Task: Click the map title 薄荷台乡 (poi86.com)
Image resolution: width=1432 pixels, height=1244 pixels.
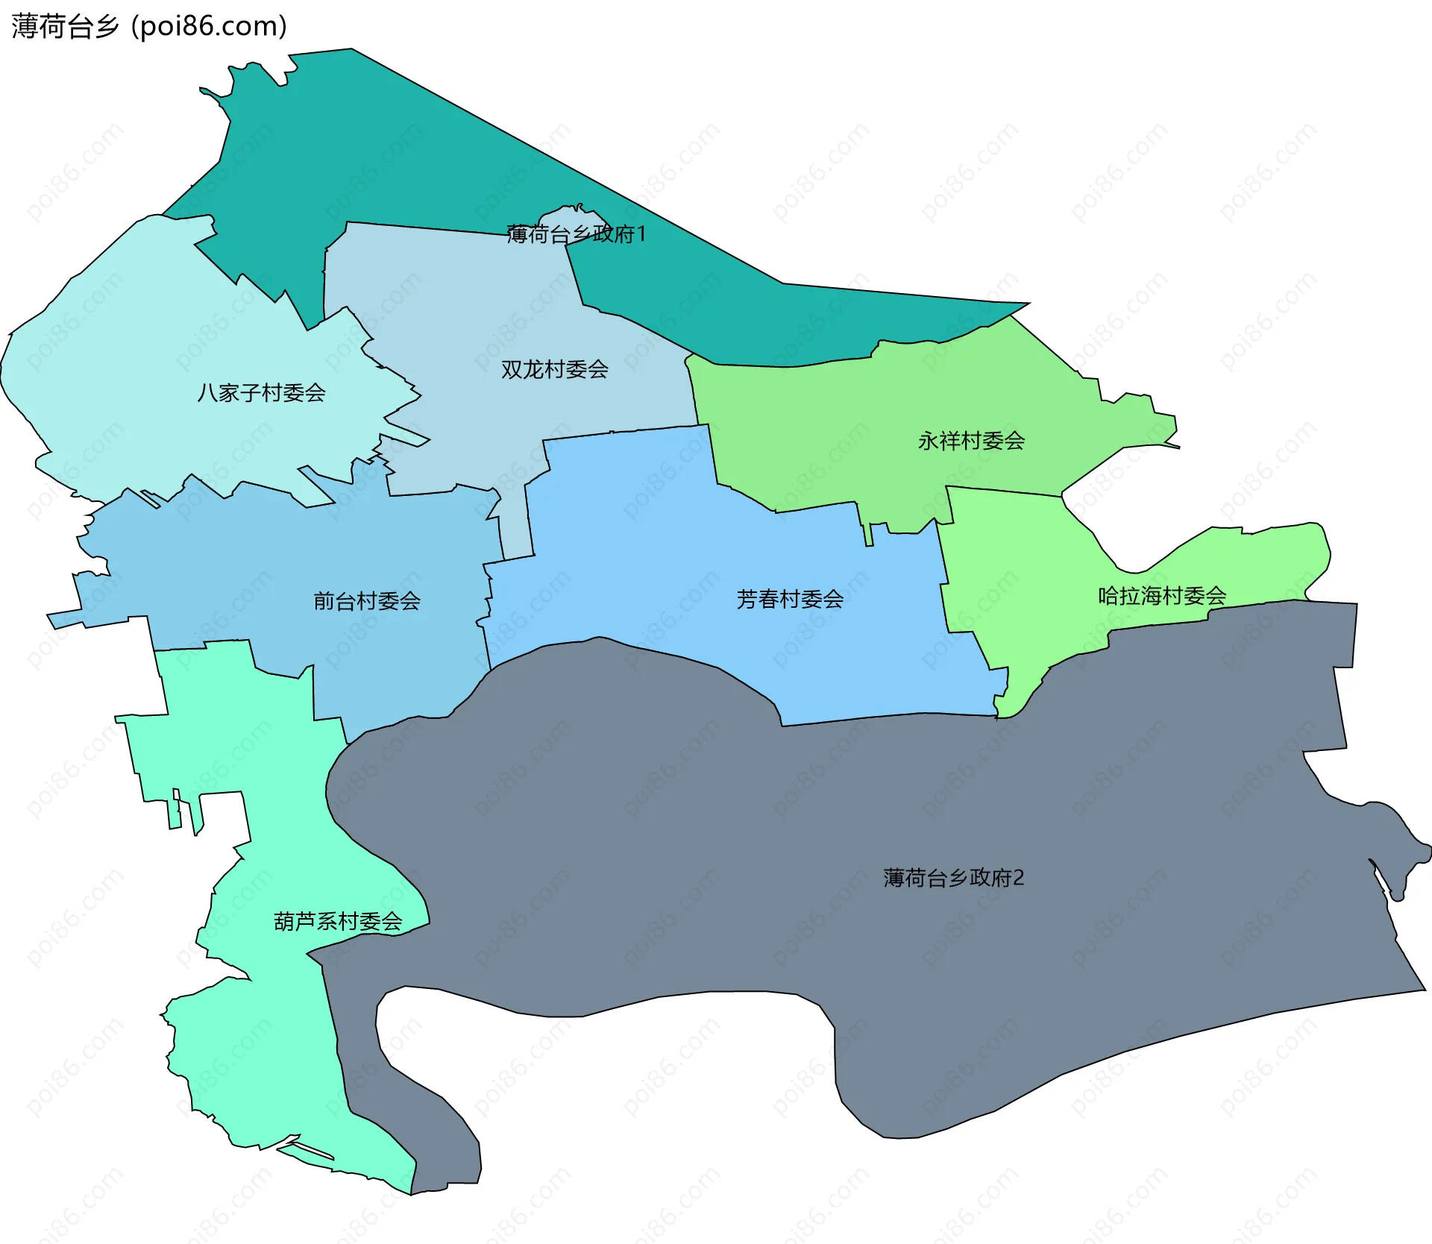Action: (149, 27)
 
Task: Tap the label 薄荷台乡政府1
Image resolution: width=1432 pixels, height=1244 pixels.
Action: (576, 234)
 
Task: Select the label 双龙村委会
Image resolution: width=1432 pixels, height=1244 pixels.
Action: (554, 369)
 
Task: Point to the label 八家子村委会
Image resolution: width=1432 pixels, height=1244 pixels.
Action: (261, 392)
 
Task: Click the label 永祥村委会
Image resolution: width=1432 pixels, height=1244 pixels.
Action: (971, 441)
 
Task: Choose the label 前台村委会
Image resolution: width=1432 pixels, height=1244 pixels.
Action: (367, 600)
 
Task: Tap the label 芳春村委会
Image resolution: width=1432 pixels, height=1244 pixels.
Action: (790, 599)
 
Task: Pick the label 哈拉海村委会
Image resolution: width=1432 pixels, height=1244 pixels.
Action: (1162, 595)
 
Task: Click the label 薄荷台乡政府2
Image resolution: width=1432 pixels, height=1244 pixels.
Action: (953, 877)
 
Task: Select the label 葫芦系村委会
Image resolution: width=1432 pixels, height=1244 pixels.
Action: (338, 922)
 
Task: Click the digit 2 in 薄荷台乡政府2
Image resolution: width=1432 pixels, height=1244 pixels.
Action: (1019, 878)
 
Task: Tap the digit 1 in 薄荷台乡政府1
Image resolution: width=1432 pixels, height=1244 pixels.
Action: (641, 234)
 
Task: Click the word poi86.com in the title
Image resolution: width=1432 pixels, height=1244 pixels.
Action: (209, 27)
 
